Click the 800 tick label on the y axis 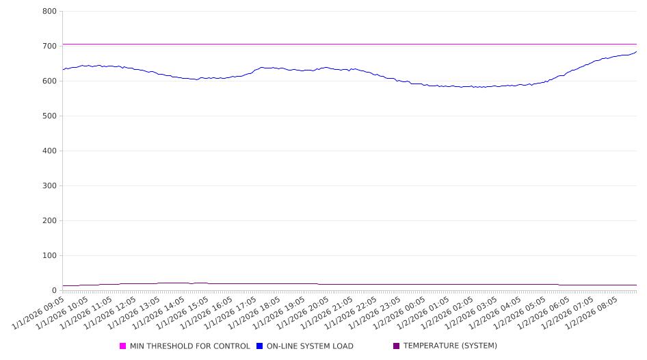[49, 11]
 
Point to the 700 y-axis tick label [49, 46]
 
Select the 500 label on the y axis [49, 116]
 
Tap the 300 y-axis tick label [49, 185]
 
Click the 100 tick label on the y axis [49, 255]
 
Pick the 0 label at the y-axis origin [54, 290]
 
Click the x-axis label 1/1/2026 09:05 [40, 312]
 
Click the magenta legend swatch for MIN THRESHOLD [123, 346]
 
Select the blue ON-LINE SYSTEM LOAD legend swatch [260, 346]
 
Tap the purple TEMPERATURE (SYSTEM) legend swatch [397, 346]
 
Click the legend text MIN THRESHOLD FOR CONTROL [189, 346]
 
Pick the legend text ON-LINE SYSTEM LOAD [310, 346]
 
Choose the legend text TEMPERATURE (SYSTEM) [450, 346]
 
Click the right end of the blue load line [636, 51]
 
